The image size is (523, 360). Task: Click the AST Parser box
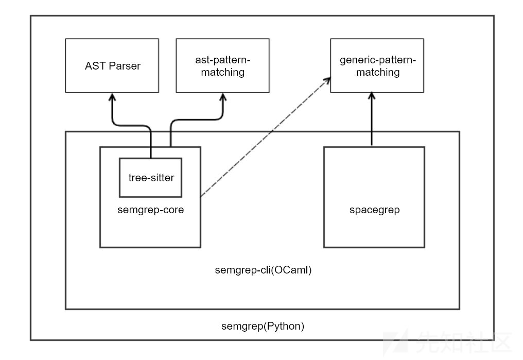tap(112, 66)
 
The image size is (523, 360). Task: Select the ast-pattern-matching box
tap(222, 66)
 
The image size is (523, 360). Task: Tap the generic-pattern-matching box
tap(377, 66)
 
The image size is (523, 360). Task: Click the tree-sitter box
tap(150, 178)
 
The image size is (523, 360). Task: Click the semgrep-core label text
tap(150, 210)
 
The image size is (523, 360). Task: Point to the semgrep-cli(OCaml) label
tap(263, 270)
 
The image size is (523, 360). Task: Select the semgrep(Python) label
tap(263, 325)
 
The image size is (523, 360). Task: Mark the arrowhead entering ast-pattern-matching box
tap(223, 97)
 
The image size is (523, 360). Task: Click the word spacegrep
tap(374, 210)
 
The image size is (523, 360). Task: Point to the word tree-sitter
tap(151, 178)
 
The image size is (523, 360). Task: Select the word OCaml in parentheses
tap(295, 270)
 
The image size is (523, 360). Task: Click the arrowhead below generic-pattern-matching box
tap(372, 97)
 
